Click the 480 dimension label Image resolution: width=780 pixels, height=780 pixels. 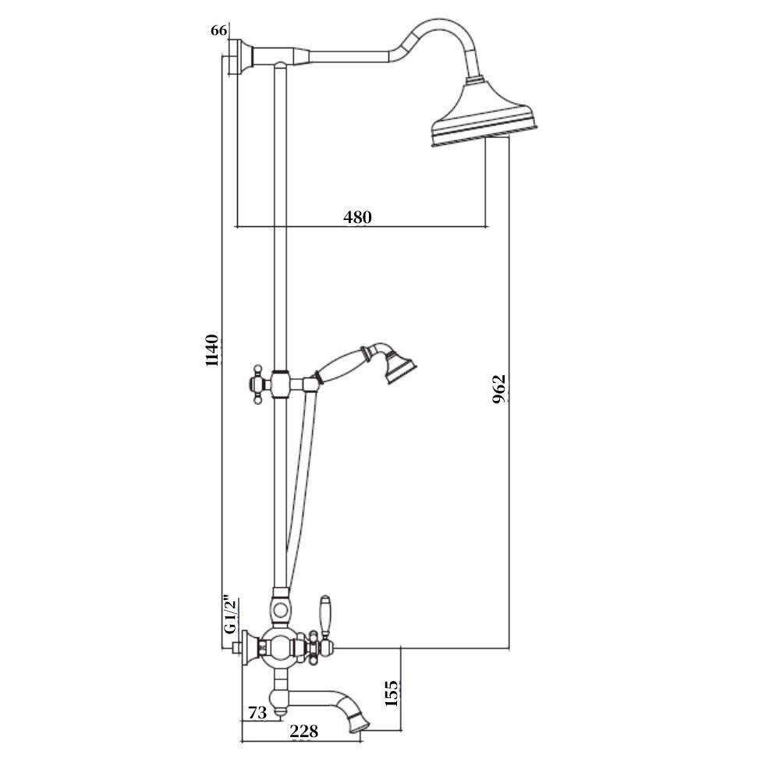pos(357,218)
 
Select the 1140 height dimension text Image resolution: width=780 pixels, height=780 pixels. pos(212,350)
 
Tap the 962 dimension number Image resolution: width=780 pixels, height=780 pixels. pos(499,389)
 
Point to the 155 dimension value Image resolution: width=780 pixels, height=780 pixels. pos(392,693)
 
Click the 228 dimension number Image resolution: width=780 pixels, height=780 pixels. pos(303,731)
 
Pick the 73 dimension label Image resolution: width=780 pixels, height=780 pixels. pos(257,712)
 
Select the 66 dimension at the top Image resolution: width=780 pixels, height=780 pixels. pos(219,30)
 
